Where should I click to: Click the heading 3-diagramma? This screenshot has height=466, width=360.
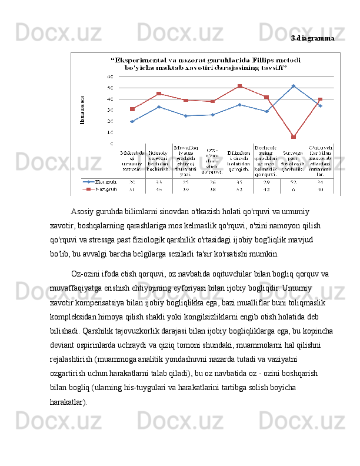pos(313,38)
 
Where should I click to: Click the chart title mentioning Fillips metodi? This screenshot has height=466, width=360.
pos(205,64)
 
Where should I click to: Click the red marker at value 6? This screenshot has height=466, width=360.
pos(294,137)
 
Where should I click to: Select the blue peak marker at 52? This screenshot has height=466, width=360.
pos(294,86)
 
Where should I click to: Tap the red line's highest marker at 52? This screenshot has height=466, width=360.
pos(239,86)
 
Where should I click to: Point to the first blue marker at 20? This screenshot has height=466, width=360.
pos(132,122)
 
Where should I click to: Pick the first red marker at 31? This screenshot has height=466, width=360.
pos(132,109)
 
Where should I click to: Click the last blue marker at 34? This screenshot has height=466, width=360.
pos(320,106)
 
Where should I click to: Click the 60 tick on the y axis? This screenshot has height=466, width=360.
pos(111,77)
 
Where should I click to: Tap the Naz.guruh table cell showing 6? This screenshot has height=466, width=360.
pos(293,189)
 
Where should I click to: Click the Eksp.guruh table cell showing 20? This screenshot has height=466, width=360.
pos(132,182)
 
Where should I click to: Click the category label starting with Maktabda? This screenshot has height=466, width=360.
pos(132,161)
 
